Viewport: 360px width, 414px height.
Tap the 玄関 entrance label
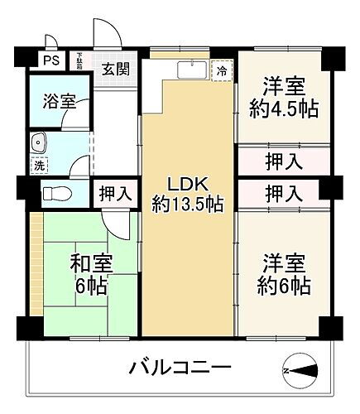pyautogui.click(x=115, y=69)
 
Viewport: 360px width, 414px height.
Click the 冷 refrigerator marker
pyautogui.click(x=221, y=72)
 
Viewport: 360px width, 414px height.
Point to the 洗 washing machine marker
pyautogui.click(x=39, y=164)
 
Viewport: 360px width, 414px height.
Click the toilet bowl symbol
pyautogui.click(x=56, y=194)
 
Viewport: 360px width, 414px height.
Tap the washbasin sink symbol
pyautogui.click(x=38, y=142)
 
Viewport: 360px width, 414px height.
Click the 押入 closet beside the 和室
pyautogui.click(x=114, y=195)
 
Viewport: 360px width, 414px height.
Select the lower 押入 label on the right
pyautogui.click(x=282, y=194)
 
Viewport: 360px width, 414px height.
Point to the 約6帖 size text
pyautogui.click(x=284, y=286)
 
